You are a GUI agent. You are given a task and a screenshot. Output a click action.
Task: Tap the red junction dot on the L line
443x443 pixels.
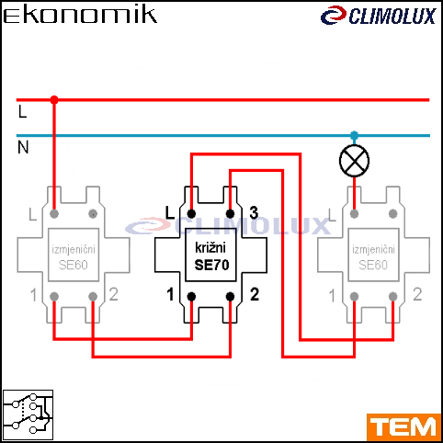(54, 100)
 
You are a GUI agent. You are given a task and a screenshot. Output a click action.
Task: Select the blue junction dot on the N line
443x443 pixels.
(354, 135)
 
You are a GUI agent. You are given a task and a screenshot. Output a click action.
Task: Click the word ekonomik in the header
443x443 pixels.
(80, 15)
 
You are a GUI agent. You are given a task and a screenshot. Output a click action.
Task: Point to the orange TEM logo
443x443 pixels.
(403, 426)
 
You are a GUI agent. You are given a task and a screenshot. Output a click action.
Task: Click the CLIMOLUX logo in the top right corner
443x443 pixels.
(379, 16)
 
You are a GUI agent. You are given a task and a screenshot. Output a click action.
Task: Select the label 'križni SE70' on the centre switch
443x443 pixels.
(211, 256)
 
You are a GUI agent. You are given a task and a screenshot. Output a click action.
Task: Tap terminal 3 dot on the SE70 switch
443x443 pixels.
(230, 213)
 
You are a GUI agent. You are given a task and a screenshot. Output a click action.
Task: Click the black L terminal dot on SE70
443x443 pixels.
(191, 213)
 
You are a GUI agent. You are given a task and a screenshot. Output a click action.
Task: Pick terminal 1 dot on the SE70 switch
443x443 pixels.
(191, 297)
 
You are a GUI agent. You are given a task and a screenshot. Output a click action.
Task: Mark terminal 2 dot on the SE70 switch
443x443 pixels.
(230, 297)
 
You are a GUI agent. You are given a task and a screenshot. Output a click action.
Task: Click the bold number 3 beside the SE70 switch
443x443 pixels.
(254, 212)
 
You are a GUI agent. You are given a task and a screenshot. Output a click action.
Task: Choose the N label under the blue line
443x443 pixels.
(23, 147)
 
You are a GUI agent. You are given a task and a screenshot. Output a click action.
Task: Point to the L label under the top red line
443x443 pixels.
(22, 111)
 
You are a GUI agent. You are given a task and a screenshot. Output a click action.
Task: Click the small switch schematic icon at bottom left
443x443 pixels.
(28, 415)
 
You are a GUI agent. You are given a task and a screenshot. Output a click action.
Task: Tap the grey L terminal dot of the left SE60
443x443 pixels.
(54, 213)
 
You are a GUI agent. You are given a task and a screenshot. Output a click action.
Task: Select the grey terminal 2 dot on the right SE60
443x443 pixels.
(393, 297)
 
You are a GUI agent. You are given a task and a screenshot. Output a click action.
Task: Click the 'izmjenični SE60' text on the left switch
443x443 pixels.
(74, 256)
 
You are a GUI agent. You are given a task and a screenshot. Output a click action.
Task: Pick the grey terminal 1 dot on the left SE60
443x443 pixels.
(54, 297)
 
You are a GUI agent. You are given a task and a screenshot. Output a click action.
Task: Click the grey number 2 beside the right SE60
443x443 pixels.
(417, 294)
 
